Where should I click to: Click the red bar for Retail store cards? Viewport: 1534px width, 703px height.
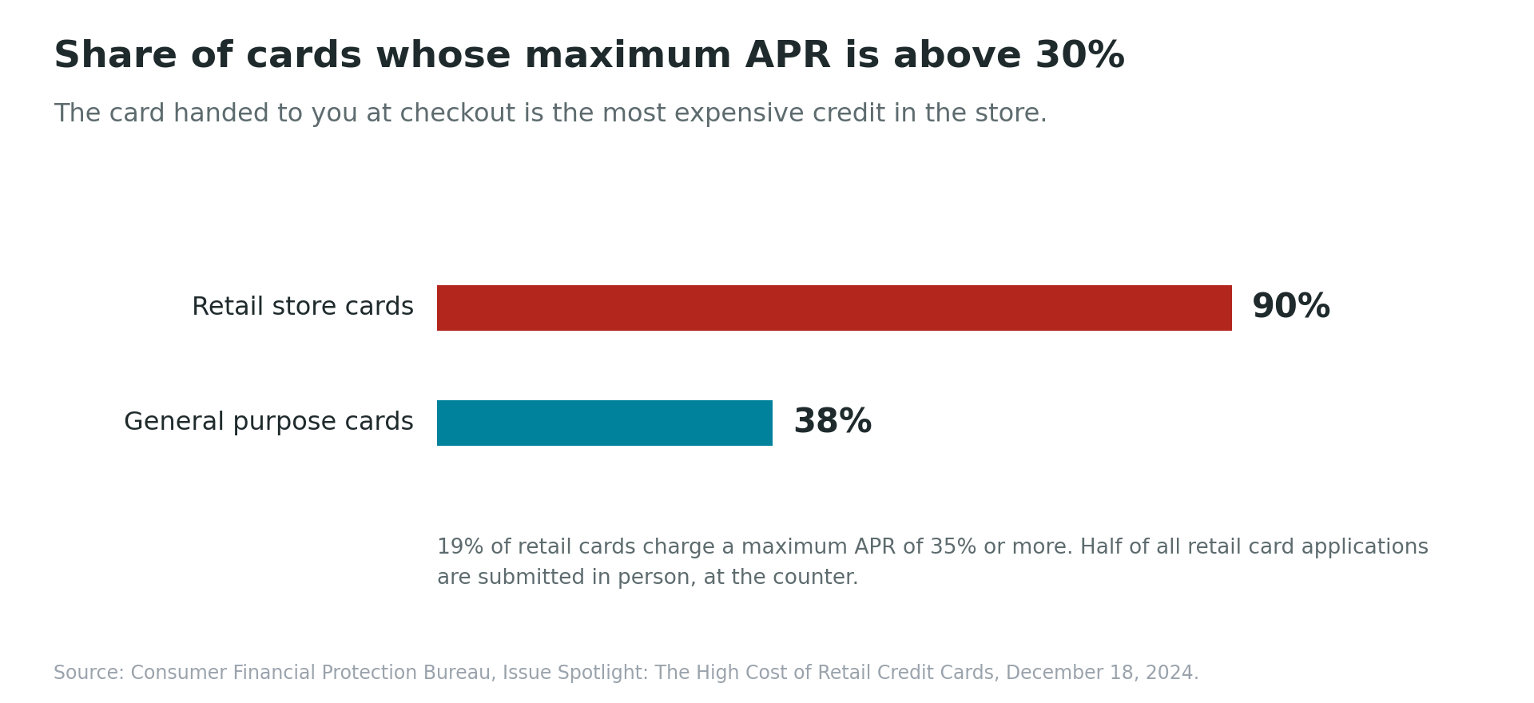point(834,308)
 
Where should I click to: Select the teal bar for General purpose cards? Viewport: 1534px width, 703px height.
point(605,423)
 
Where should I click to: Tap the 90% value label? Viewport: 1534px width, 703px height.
point(1290,308)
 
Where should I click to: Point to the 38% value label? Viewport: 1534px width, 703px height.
point(833,423)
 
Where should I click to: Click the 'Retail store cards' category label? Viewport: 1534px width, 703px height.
point(303,307)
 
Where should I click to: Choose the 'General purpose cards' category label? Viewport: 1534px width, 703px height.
point(268,422)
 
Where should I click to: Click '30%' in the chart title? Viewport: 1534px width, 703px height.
point(1079,56)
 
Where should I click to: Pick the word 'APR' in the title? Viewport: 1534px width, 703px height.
point(788,56)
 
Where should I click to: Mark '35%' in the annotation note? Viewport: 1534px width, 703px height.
point(953,547)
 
